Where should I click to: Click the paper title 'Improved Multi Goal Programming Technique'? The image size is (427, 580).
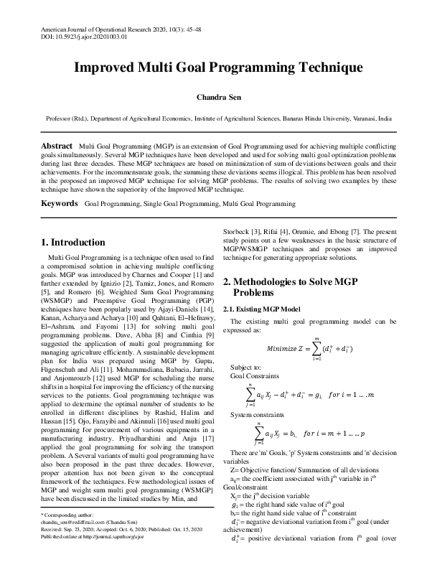213,68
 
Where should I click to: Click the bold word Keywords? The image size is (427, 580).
60,204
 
